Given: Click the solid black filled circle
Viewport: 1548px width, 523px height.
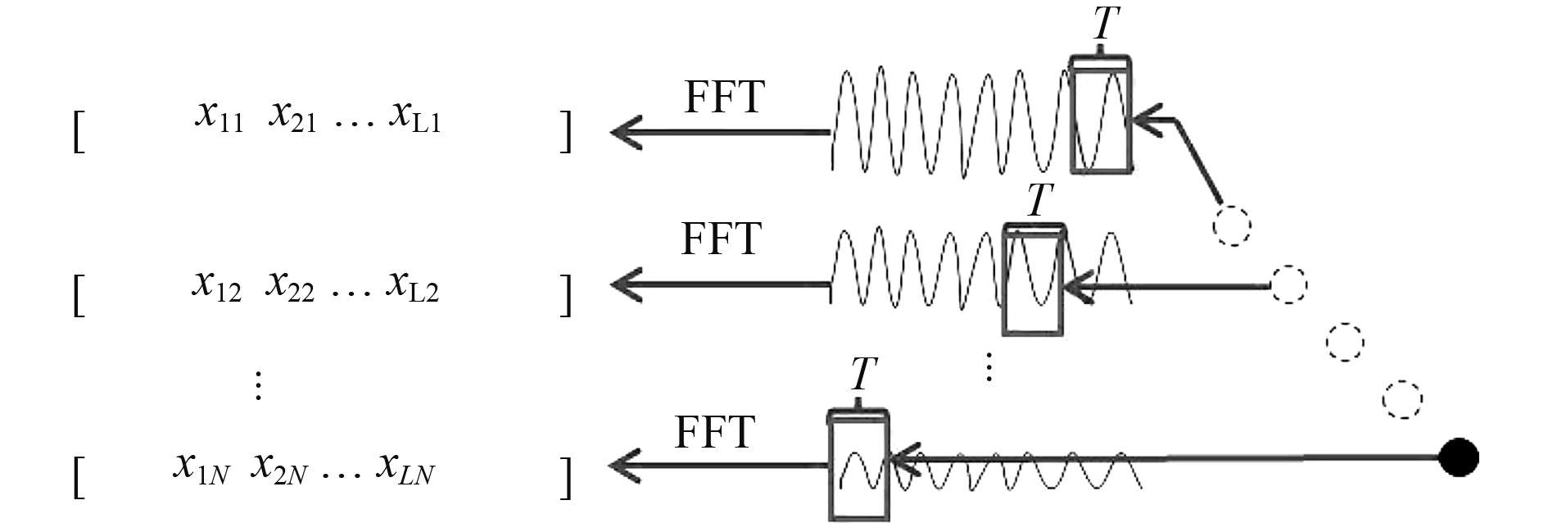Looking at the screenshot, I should tap(1459, 457).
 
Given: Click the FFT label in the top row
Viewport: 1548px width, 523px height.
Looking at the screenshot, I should tap(724, 98).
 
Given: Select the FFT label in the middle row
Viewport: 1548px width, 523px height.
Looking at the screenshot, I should tap(721, 239).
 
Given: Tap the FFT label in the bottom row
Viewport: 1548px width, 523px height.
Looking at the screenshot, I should tap(713, 432).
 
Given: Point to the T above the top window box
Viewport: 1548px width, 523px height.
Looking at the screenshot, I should tap(1105, 24).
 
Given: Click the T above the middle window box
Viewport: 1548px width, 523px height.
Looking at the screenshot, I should tap(1039, 200).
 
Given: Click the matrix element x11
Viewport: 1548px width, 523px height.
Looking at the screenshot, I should tap(219, 117).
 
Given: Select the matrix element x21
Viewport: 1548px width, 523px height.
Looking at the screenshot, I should tap(292, 117).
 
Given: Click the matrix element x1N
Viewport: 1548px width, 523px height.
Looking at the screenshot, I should tap(201, 468).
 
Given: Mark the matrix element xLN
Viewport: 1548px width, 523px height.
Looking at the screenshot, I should tap(405, 468).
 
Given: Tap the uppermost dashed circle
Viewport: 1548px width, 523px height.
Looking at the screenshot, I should tap(1232, 225).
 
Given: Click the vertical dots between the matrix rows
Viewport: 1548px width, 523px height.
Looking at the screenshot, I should tap(258, 384).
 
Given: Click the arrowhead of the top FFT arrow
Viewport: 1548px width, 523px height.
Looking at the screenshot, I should tap(626, 132).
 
